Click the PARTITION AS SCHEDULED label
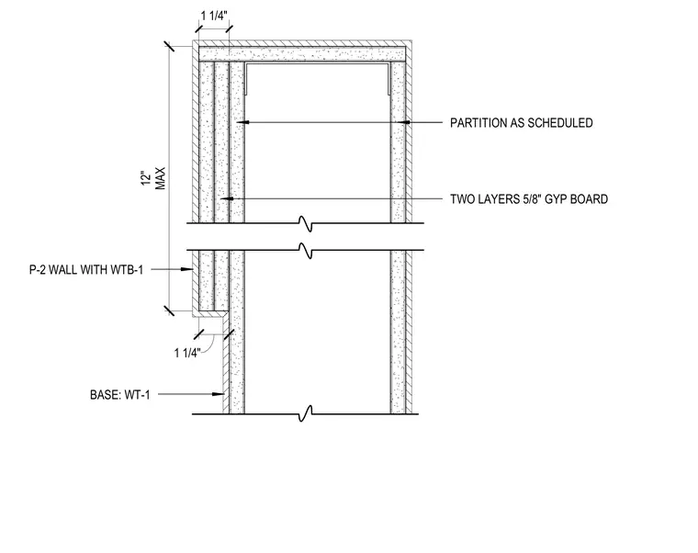[x=522, y=123]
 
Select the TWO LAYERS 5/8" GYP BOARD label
[x=529, y=199]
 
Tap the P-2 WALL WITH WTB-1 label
[x=86, y=270]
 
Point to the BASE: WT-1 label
[x=120, y=395]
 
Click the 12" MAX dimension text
[x=153, y=178]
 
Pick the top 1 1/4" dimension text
[x=214, y=16]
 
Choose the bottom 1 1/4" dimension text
[x=187, y=353]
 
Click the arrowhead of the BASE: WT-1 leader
[x=218, y=394]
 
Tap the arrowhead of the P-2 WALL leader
[x=186, y=269]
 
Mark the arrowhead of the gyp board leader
[x=227, y=198]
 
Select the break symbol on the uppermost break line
[x=306, y=223]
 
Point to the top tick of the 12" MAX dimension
[x=169, y=46]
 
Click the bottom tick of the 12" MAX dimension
[x=169, y=310]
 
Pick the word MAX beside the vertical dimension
[x=160, y=178]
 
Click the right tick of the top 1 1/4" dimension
[x=229, y=29]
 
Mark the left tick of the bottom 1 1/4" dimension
[x=199, y=334]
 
